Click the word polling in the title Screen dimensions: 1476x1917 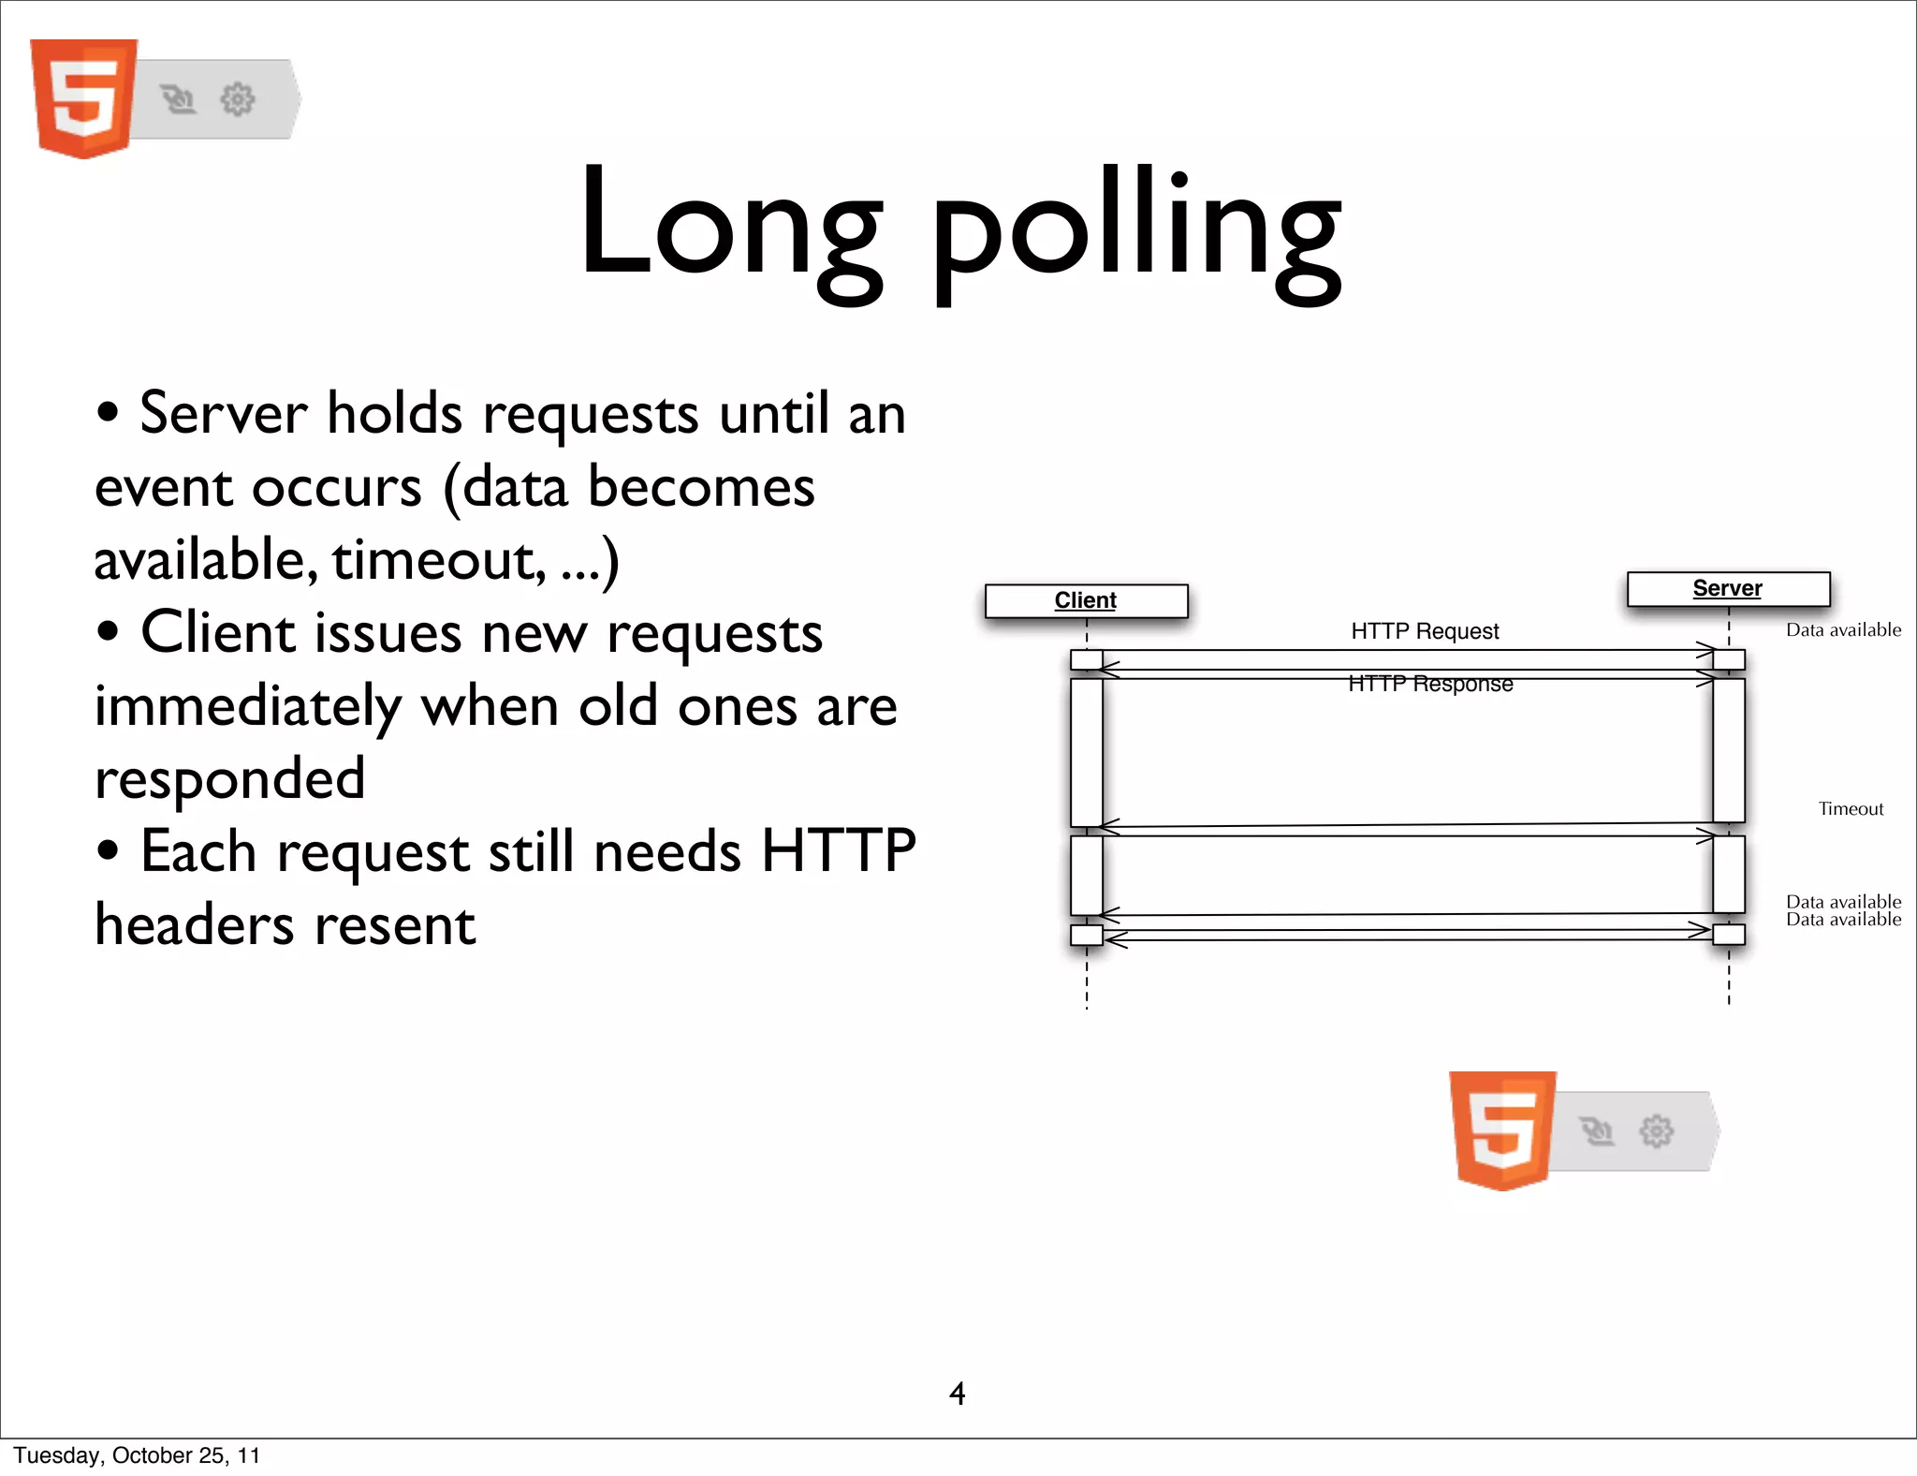point(1136,229)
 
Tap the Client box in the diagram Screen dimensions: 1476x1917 point(1086,600)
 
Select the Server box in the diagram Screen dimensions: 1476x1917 point(1728,588)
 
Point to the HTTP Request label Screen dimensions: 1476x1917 point(1425,631)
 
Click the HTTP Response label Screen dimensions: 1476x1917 point(1430,685)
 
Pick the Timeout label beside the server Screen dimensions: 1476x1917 point(1851,809)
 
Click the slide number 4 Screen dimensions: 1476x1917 point(957,1394)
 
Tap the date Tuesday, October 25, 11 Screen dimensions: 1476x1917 point(137,1455)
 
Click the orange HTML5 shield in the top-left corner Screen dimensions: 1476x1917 point(83,97)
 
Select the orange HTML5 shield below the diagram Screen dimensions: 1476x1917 point(1502,1129)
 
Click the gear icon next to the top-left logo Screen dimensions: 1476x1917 point(238,99)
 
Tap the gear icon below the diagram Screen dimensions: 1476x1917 point(1657,1130)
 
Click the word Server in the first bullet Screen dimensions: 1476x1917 point(223,413)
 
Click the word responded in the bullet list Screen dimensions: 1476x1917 point(230,779)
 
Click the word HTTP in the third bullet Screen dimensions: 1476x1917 point(838,851)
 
